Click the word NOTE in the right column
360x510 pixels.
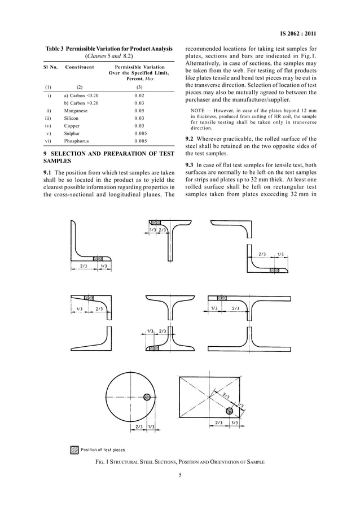(x=198, y=110)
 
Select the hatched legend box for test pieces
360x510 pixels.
(x=74, y=450)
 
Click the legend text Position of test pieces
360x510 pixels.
(x=103, y=450)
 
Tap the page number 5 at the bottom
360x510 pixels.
(x=180, y=475)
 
